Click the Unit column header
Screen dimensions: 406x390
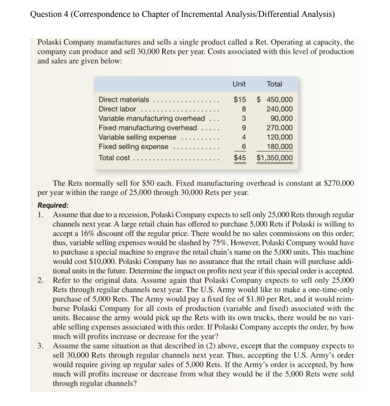click(x=239, y=84)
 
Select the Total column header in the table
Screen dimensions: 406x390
click(x=275, y=84)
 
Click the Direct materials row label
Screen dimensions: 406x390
click(x=123, y=100)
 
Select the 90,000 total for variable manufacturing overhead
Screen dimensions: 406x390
click(x=281, y=119)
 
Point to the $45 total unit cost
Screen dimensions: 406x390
click(x=239, y=158)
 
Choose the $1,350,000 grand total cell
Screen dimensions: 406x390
click(x=275, y=158)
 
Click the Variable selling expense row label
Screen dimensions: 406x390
click(x=137, y=137)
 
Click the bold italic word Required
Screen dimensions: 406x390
click(x=53, y=206)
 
